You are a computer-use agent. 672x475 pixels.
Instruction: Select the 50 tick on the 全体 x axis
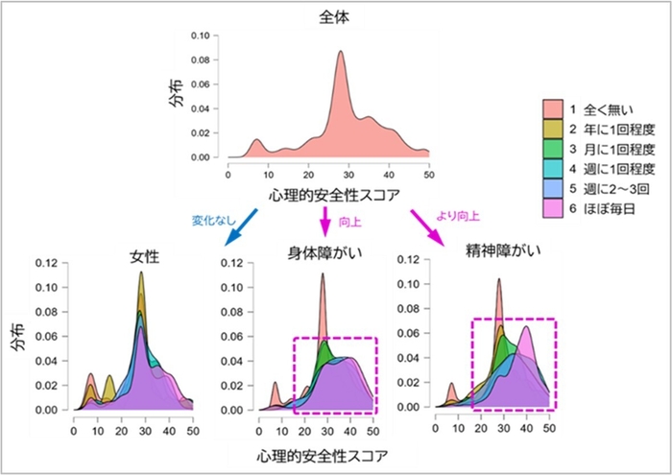(428, 176)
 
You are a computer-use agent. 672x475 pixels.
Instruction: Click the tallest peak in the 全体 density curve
(340, 52)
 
